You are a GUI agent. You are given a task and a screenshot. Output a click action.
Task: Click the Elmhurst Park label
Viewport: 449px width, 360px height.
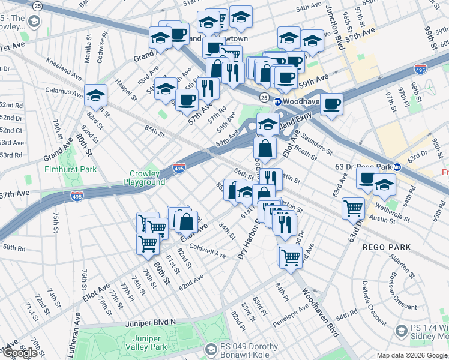pyautogui.click(x=79, y=169)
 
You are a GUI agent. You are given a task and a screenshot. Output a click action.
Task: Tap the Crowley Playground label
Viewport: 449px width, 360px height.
pyautogui.click(x=144, y=178)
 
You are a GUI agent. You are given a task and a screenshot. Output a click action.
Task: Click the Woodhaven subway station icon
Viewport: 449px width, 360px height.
pyautogui.click(x=277, y=102)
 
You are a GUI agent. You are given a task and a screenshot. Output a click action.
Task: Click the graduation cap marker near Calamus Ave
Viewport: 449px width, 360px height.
pyautogui.click(x=95, y=95)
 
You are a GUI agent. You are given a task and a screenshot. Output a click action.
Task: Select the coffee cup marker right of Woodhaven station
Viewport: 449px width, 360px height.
pyautogui.click(x=331, y=104)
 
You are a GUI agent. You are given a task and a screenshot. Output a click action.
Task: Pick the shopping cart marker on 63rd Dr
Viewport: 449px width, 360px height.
pyautogui.click(x=354, y=208)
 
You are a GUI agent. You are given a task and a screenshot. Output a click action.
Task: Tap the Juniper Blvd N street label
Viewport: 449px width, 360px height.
pyautogui.click(x=151, y=322)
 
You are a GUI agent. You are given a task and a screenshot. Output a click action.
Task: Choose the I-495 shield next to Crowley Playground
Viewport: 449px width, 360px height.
pyautogui.click(x=179, y=169)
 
